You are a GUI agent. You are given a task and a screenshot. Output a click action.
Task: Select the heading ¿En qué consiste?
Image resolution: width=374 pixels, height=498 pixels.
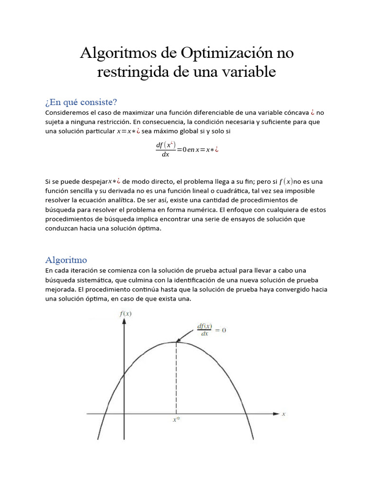tap(81, 102)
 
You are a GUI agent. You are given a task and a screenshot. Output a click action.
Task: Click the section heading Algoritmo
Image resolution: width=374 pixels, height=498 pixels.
tap(66, 259)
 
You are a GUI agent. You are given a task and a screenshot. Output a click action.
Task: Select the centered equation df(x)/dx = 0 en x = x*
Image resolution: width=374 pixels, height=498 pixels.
tap(187, 149)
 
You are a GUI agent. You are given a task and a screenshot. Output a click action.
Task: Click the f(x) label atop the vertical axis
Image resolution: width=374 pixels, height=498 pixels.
tap(125, 314)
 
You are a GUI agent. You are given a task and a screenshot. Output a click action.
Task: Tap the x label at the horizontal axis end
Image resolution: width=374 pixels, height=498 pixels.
tap(283, 414)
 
